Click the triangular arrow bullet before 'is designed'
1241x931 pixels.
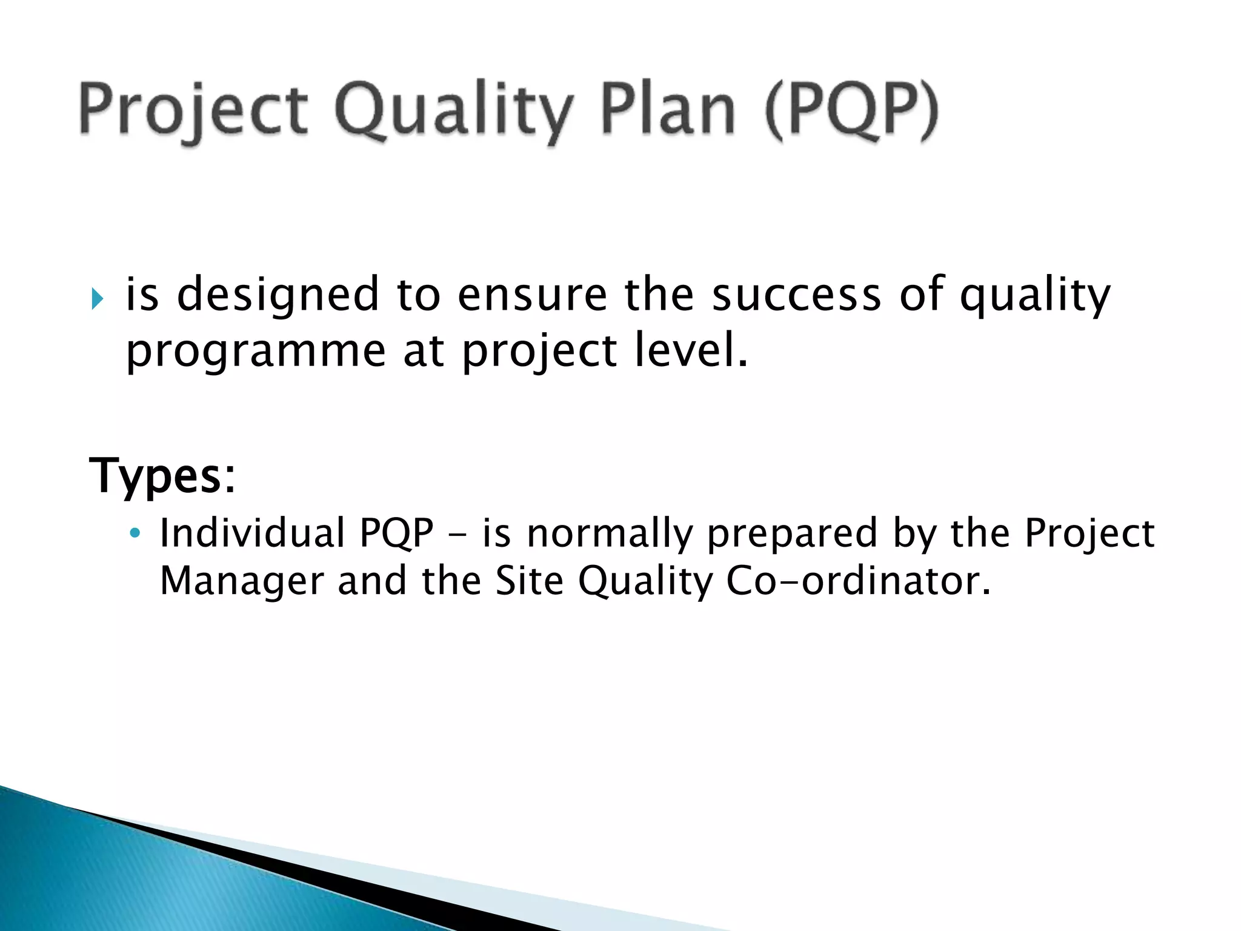coord(98,298)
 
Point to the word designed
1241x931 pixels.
coord(278,295)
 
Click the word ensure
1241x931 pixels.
coord(531,295)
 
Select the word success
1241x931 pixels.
coord(796,295)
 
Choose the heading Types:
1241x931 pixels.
coord(162,476)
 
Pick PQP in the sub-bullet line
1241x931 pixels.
coord(396,533)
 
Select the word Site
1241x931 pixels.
coord(529,581)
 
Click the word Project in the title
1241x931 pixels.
coord(193,112)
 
